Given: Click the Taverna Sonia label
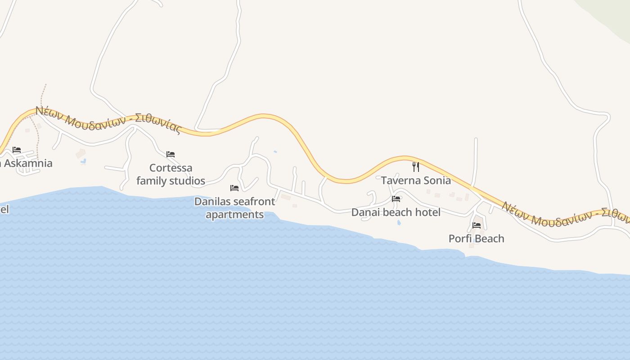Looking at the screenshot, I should (x=416, y=180).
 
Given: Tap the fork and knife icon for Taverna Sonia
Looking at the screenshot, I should (x=416, y=167).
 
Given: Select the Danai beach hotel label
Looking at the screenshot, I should (x=396, y=212).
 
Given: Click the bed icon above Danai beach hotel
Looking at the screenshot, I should (x=396, y=199).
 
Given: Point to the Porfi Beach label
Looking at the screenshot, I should (x=476, y=238).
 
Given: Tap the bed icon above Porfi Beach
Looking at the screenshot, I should (x=477, y=225).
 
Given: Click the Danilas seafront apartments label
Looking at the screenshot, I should (x=234, y=208).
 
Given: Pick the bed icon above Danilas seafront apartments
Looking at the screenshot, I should (x=234, y=188).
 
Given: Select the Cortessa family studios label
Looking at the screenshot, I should (x=171, y=175).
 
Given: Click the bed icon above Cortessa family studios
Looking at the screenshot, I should (x=171, y=154).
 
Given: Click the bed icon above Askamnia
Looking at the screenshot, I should (x=17, y=150).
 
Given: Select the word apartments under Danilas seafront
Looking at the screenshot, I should (x=234, y=215).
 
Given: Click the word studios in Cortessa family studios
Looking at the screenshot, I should (x=187, y=181).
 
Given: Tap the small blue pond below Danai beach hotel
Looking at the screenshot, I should (x=399, y=222).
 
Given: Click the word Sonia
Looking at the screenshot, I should (x=436, y=180).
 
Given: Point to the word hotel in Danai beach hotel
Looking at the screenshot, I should (x=427, y=212).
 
